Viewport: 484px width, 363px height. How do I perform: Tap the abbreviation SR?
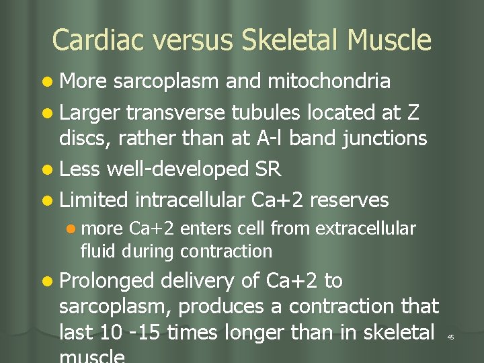pyautogui.click(x=268, y=169)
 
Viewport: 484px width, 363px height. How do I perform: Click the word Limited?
pyautogui.click(x=93, y=200)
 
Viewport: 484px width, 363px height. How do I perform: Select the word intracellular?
pyautogui.click(x=191, y=200)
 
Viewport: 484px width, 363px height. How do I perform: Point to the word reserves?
pyautogui.click(x=350, y=200)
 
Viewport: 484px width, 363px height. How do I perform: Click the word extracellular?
pyautogui.click(x=365, y=229)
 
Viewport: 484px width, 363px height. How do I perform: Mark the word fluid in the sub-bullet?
pyautogui.click(x=95, y=252)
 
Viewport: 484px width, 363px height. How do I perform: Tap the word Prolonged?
pyautogui.click(x=107, y=281)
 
